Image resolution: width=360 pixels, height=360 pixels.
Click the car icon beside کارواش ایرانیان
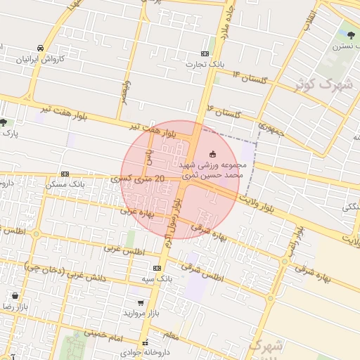(x=41, y=47)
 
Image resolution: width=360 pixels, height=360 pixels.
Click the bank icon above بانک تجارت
(x=205, y=53)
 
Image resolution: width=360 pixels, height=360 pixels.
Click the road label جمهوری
(x=270, y=129)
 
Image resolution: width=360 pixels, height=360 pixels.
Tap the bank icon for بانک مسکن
(x=65, y=174)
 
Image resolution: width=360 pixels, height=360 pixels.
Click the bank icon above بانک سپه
(x=156, y=268)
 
